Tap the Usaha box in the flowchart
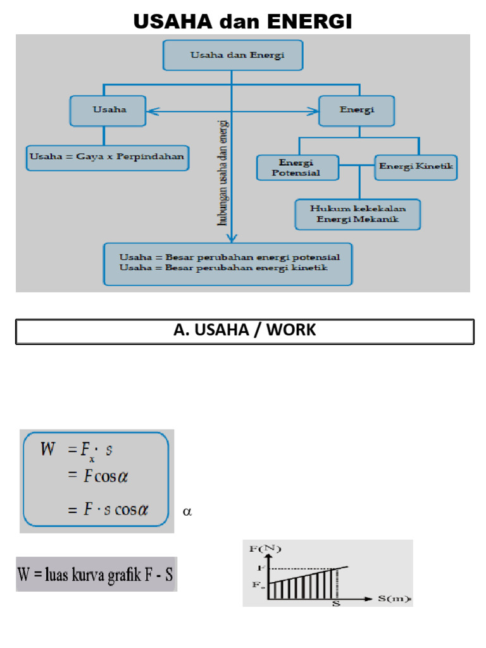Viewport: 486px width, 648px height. pyautogui.click(x=108, y=110)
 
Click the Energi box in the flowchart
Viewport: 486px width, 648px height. pyautogui.click(x=357, y=110)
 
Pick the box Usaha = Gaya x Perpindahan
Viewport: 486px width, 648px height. pyautogui.click(x=108, y=157)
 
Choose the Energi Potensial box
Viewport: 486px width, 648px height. pyautogui.click(x=297, y=167)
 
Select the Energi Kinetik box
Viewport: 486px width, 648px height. pyautogui.click(x=416, y=167)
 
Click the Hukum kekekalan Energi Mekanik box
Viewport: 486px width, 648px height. pyautogui.click(x=358, y=214)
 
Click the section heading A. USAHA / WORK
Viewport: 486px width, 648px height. pyautogui.click(x=244, y=331)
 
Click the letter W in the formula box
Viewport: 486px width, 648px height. pyautogui.click(x=48, y=450)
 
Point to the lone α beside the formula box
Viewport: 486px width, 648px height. pyautogui.click(x=187, y=511)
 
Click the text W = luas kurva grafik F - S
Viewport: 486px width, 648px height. pyautogui.click(x=96, y=575)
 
